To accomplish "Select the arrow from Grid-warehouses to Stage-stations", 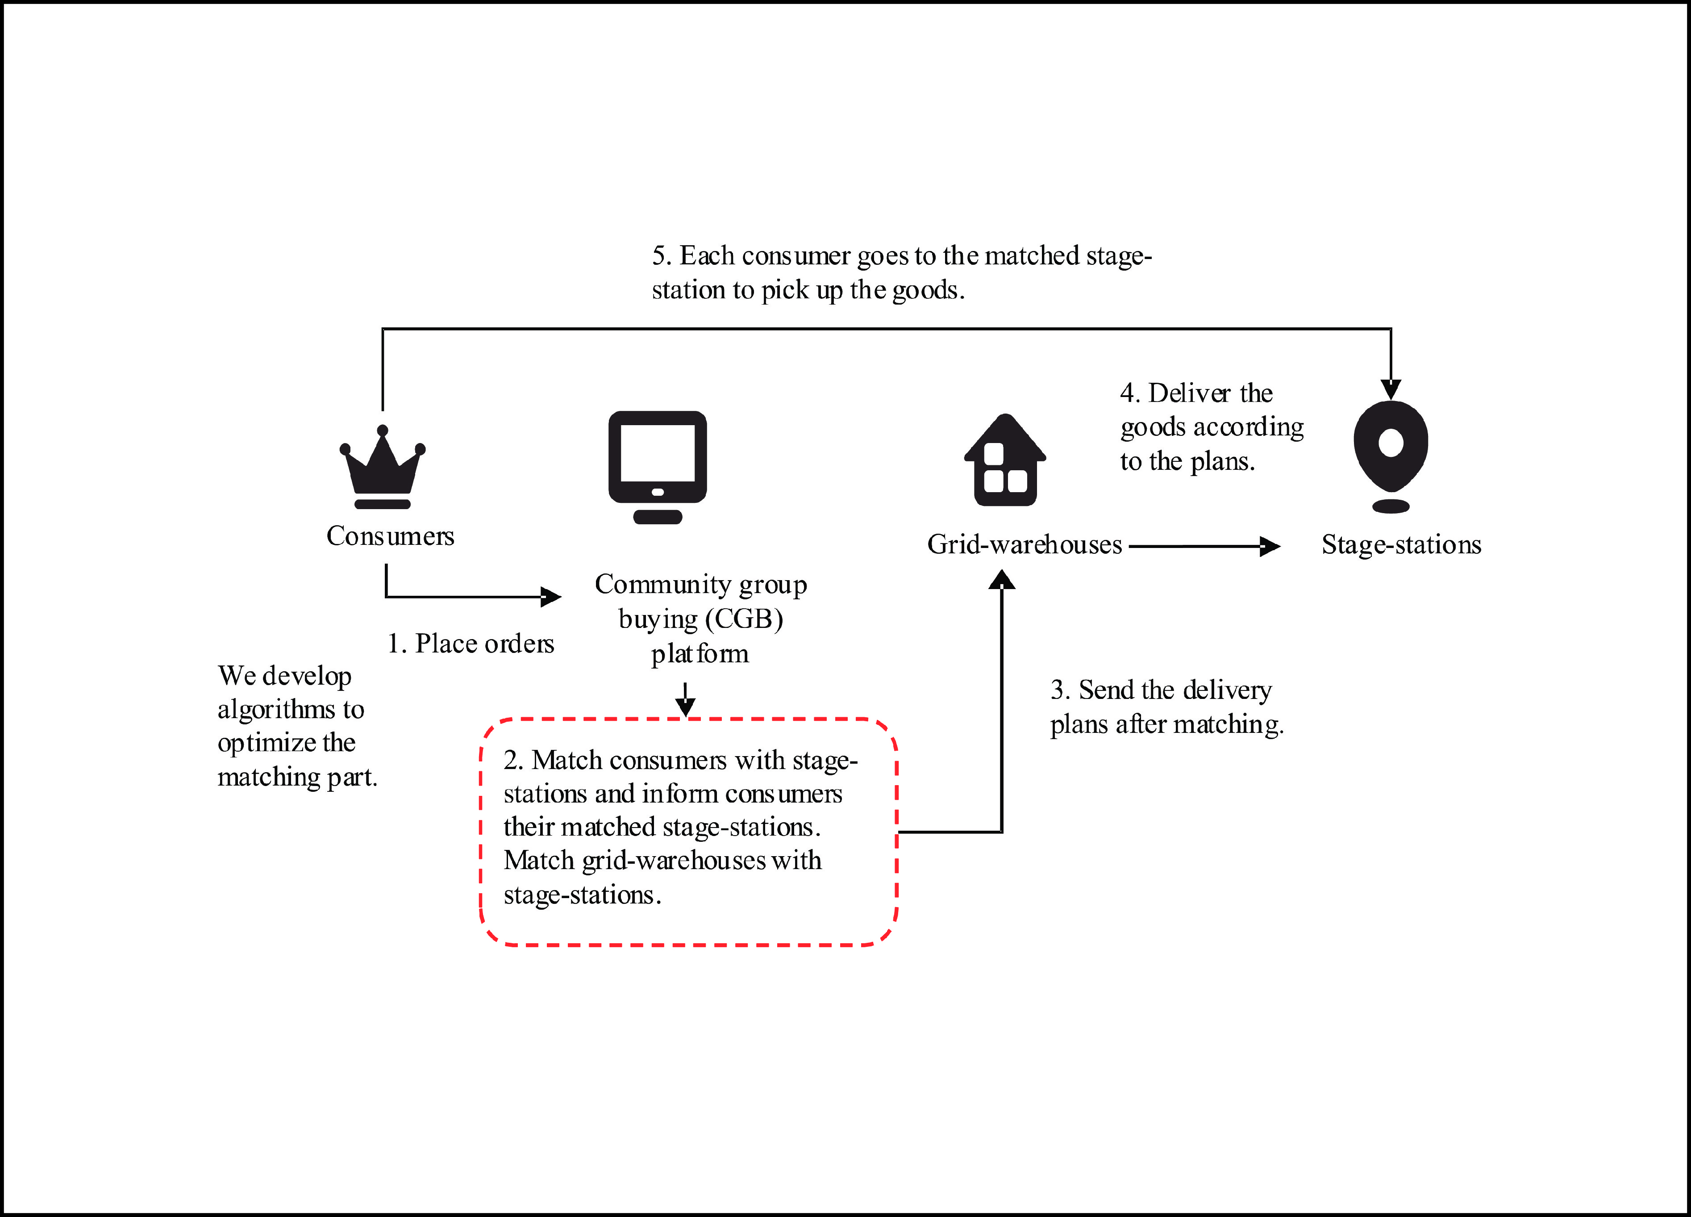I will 1204,547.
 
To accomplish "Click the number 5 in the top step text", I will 658,256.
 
